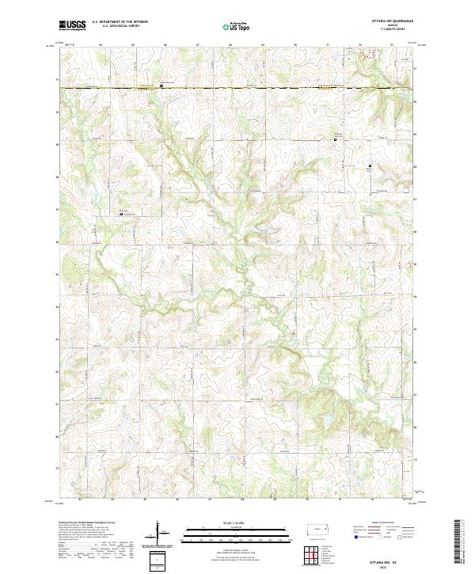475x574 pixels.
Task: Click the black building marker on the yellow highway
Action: tap(161, 87)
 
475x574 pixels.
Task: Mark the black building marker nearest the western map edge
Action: tap(121, 214)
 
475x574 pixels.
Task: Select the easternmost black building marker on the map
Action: tap(368, 165)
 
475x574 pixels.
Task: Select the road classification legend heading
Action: tap(378, 523)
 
